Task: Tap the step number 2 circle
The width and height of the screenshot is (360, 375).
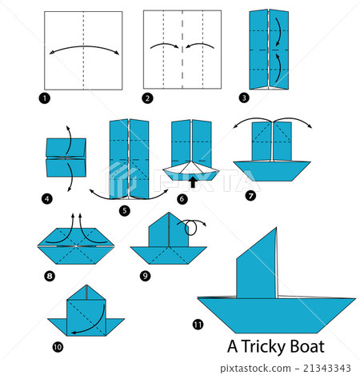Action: point(148,98)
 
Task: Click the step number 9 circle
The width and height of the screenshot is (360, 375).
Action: point(145,276)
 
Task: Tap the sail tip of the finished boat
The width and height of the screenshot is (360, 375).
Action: point(276,229)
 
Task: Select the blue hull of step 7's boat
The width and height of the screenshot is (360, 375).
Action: point(272,170)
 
